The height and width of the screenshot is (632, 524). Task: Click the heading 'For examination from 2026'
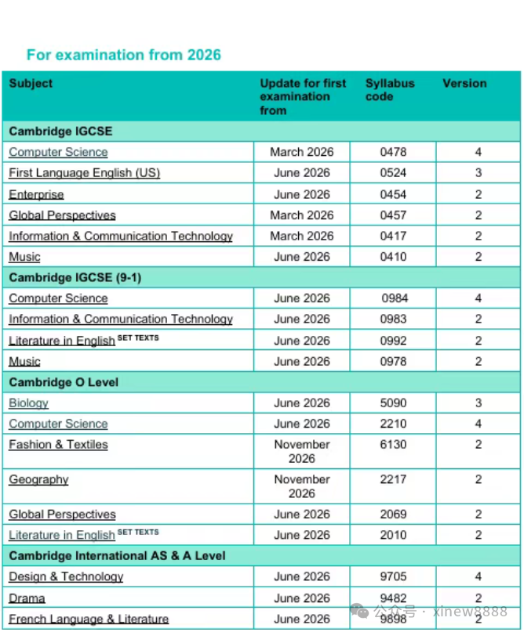[x=124, y=55]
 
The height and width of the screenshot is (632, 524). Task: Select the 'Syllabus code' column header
[x=390, y=90]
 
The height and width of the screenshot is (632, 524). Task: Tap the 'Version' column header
[x=464, y=83]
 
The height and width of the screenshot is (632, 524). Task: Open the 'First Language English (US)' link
[x=84, y=173]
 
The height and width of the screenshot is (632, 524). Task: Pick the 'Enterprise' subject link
[x=36, y=194]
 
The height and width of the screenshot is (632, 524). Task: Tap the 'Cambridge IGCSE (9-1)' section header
[x=75, y=277]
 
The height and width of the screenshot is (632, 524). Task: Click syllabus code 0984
[x=395, y=298]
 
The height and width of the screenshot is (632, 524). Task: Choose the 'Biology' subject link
[x=28, y=403]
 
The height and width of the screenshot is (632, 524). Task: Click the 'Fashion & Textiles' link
[x=58, y=445]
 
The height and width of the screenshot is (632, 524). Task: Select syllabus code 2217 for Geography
[x=394, y=479]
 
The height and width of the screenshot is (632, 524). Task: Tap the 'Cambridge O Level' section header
[x=64, y=382]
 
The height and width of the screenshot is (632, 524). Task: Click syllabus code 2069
[x=394, y=515]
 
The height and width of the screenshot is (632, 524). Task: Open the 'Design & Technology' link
[x=66, y=577]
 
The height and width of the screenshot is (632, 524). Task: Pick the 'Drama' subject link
[x=27, y=598]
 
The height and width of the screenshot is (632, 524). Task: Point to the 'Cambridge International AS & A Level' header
[x=117, y=556]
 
